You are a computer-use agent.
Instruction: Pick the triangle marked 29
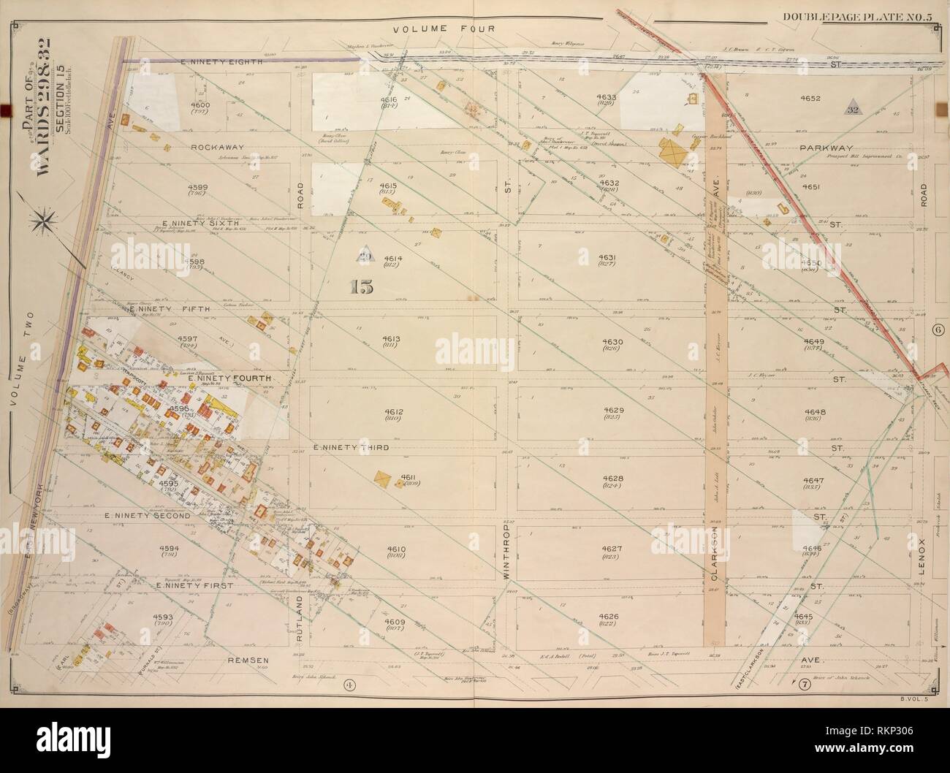point(362,255)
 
